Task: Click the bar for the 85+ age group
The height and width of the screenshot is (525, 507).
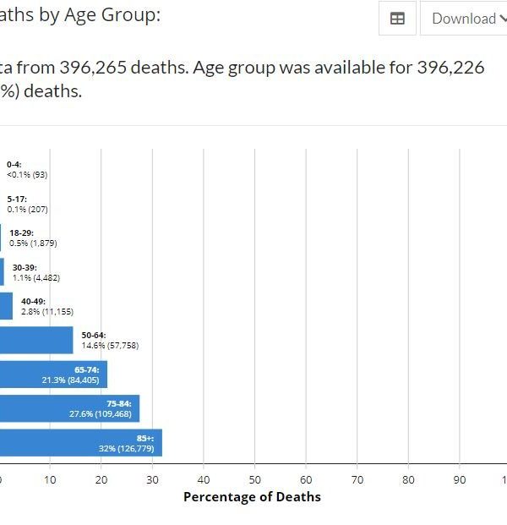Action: click(x=80, y=442)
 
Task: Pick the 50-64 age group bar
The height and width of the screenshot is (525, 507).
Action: click(x=36, y=340)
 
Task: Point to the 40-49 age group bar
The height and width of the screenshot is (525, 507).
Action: click(x=6, y=306)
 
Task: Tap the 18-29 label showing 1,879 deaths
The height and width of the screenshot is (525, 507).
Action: click(x=33, y=238)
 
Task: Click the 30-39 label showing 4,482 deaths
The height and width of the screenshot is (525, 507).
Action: click(x=41, y=272)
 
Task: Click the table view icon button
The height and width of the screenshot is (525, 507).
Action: click(x=397, y=19)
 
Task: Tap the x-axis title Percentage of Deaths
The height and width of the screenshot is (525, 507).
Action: click(x=252, y=497)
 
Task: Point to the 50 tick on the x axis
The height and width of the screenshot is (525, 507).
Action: click(x=254, y=479)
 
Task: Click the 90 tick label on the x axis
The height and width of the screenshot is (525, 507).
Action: click(x=460, y=479)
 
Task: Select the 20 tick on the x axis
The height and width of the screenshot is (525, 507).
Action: click(x=101, y=479)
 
